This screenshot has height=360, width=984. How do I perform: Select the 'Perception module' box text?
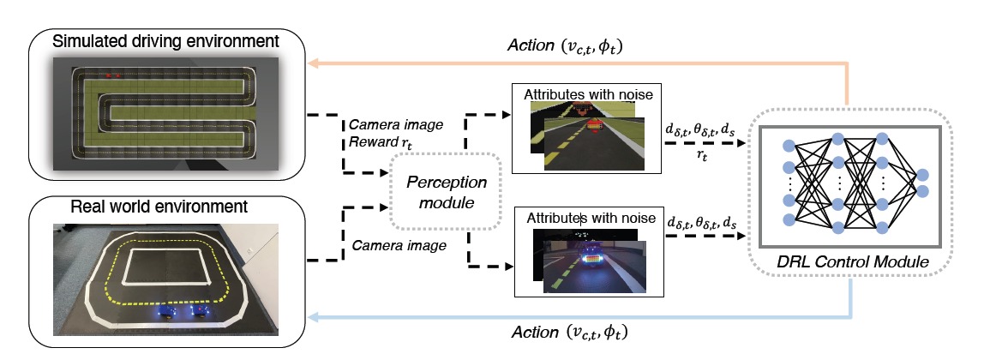click(x=446, y=193)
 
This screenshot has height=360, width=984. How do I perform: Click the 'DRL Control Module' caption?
click(x=852, y=261)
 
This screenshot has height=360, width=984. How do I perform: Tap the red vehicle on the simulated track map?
click(x=112, y=75)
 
